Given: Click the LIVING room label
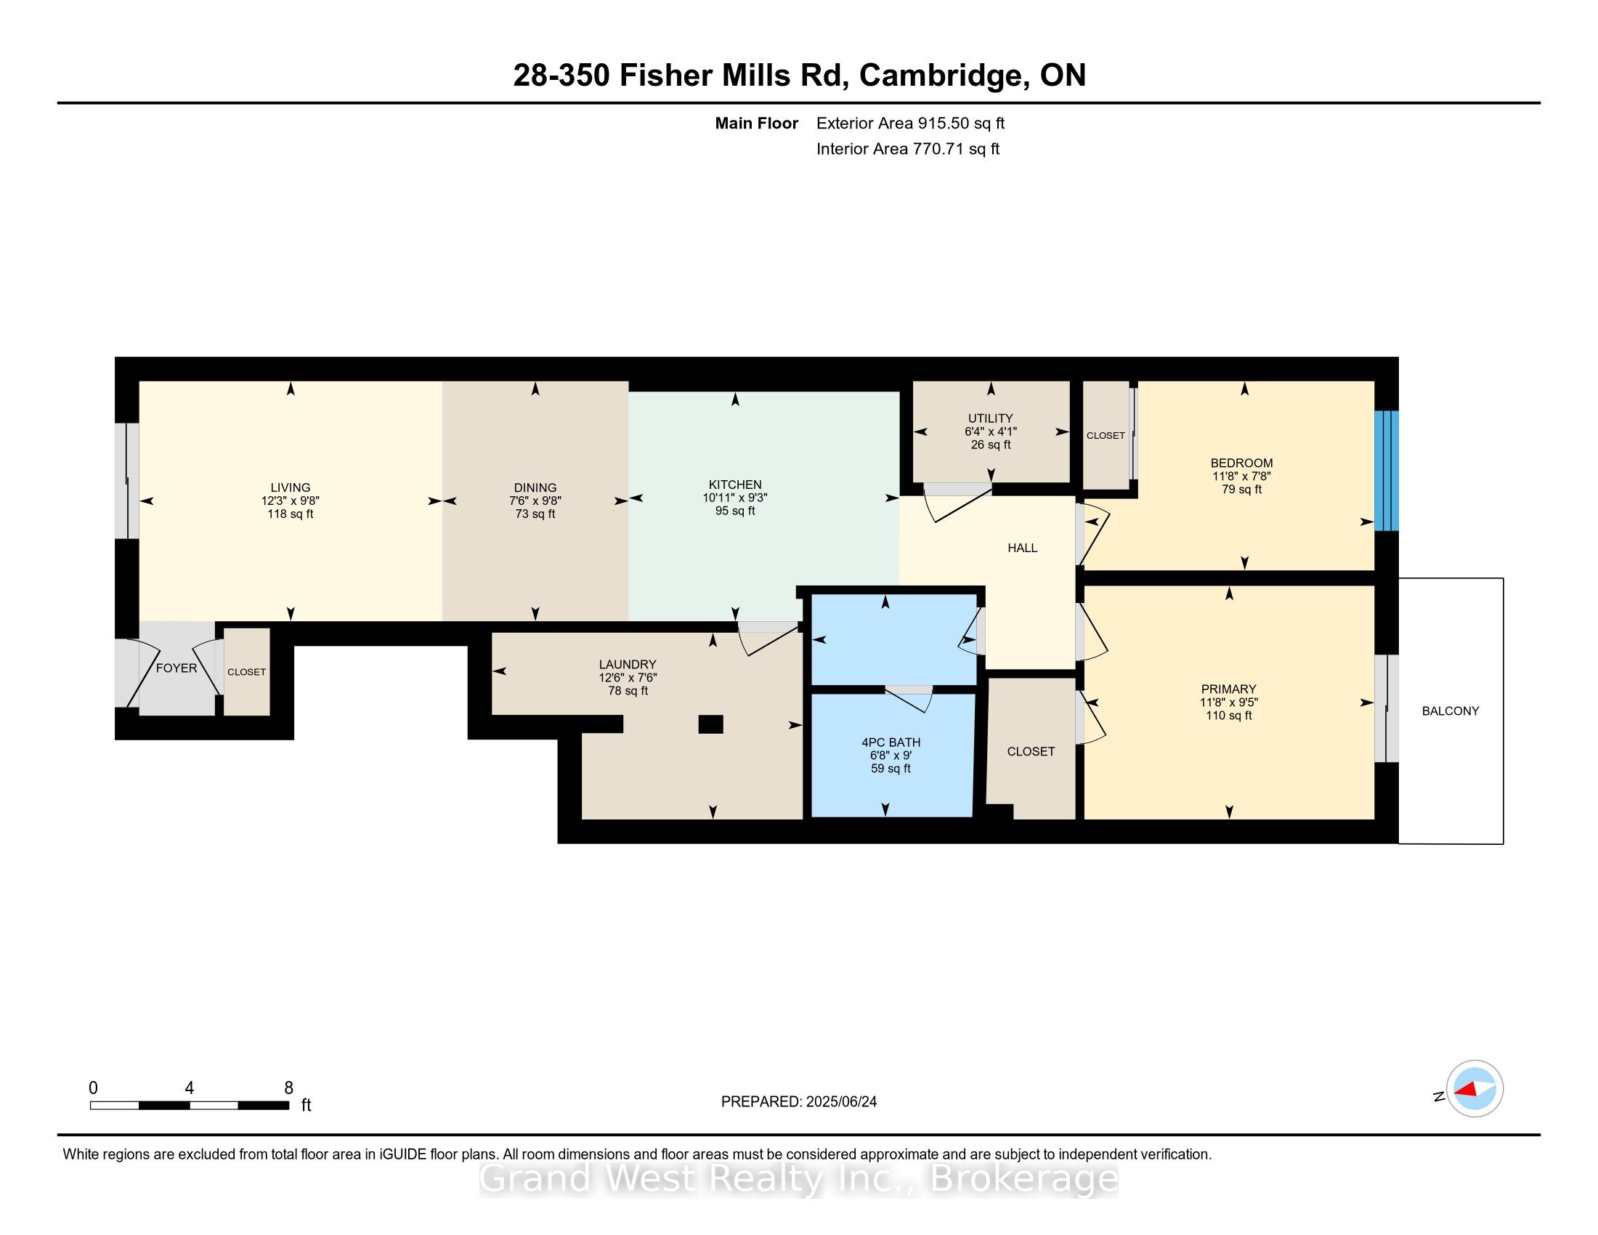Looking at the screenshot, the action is (291, 487).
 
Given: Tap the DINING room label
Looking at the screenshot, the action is (535, 487).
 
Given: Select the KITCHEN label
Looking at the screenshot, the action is (734, 485).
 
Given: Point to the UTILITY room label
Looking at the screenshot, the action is (991, 418).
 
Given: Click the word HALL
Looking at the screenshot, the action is (1022, 548).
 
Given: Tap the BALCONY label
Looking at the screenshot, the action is (1451, 710).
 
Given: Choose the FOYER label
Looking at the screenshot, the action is (177, 668).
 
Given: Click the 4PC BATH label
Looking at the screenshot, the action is (891, 742).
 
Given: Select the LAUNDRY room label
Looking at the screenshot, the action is (627, 664).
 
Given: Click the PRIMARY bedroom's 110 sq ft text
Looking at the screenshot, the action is (1228, 716).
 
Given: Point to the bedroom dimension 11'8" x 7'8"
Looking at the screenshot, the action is (1241, 476).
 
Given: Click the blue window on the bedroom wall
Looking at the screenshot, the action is (1387, 471).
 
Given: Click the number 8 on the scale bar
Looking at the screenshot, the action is (288, 1088).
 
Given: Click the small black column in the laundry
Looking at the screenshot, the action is (710, 724).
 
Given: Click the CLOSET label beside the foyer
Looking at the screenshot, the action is (246, 672).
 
